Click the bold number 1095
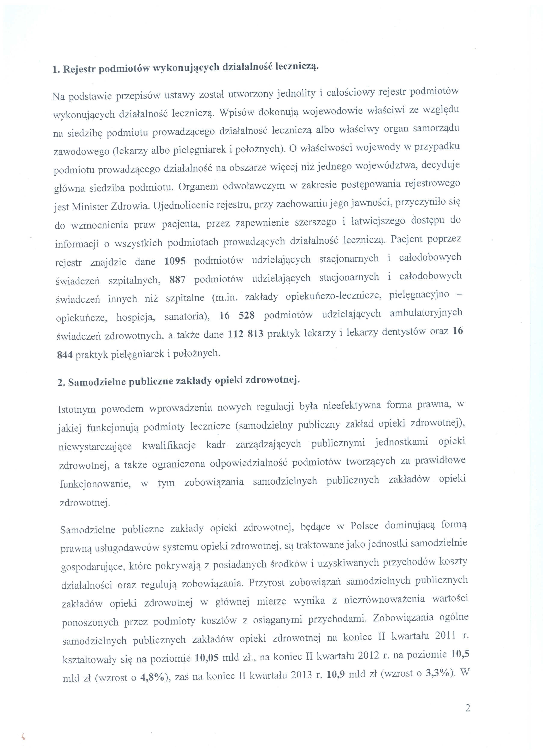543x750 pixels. tap(175, 261)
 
